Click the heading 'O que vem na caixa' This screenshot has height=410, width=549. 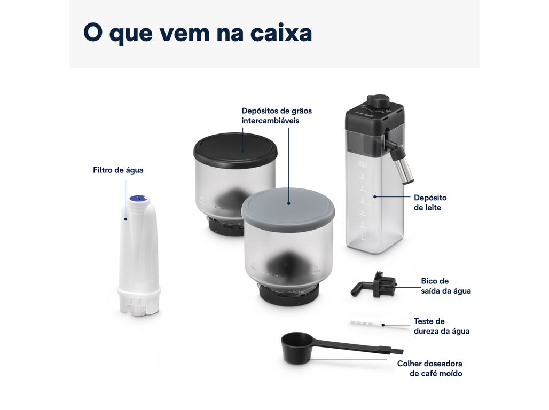[x=198, y=33]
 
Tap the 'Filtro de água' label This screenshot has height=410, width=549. [x=118, y=170]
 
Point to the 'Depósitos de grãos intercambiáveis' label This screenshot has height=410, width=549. [x=277, y=115]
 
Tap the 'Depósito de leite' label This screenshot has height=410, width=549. [x=430, y=202]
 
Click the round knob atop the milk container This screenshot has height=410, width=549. [x=378, y=101]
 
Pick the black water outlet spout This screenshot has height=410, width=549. [x=374, y=285]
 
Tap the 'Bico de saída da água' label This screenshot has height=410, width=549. [x=446, y=286]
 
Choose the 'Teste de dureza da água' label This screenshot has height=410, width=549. [x=442, y=326]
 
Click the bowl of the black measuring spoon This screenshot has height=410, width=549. [x=296, y=348]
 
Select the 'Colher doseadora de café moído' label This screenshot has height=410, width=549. [x=429, y=368]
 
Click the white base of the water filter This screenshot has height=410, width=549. [x=139, y=301]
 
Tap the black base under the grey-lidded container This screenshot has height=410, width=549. [x=289, y=295]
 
